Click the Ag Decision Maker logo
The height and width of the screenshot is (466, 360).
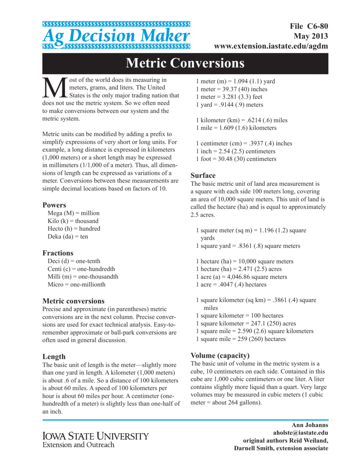pos(116,35)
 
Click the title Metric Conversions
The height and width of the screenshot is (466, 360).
pos(185,63)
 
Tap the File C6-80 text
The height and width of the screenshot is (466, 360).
pos(309,27)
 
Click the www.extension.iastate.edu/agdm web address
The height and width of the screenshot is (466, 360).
pos(271,46)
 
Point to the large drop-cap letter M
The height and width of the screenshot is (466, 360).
pos(54,88)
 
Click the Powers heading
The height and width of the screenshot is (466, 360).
pos(54,205)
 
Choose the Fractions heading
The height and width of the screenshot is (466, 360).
pos(58,253)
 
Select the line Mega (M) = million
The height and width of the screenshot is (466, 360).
pos(73,213)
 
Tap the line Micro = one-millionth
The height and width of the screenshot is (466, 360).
pos(76,284)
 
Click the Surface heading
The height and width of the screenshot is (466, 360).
pos(203,175)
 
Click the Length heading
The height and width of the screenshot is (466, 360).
pos(54,356)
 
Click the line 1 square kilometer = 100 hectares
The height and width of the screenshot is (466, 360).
pos(239,315)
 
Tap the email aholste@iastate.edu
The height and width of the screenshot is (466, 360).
pos(300,432)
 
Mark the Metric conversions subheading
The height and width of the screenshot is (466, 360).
pos(73,301)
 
